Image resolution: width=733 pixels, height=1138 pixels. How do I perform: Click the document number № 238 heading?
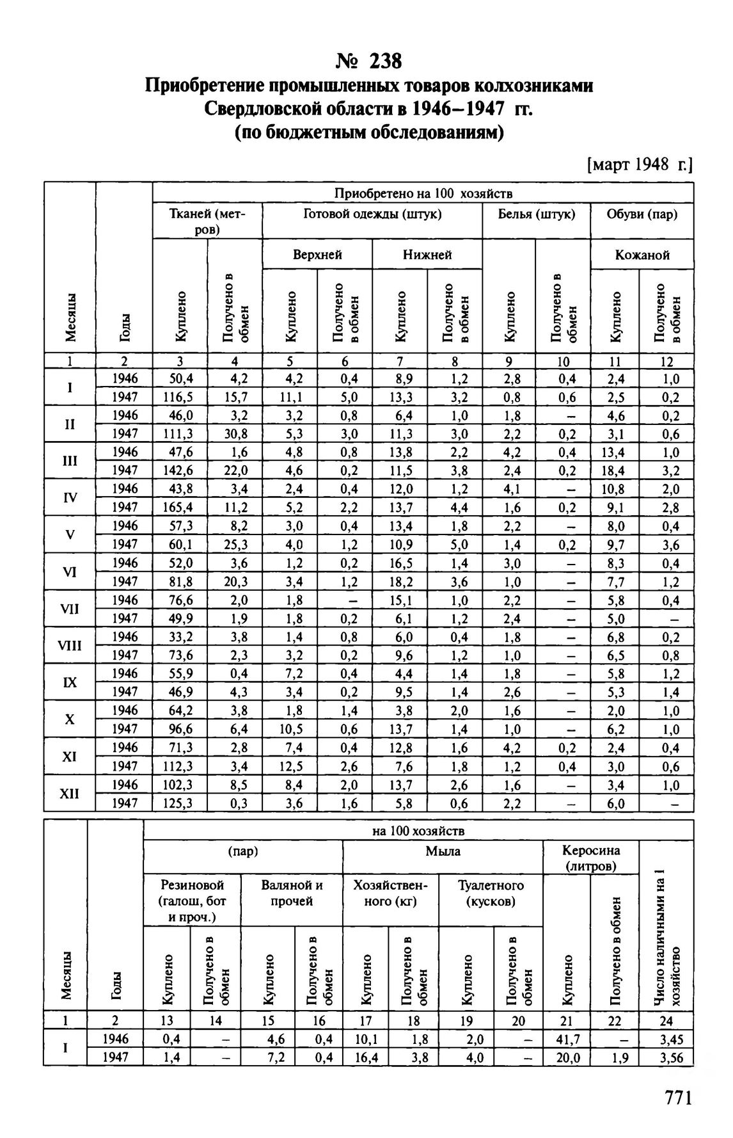(x=369, y=61)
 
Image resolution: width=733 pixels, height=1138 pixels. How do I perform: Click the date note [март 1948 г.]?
(x=640, y=165)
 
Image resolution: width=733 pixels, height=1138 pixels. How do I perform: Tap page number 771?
(x=679, y=1098)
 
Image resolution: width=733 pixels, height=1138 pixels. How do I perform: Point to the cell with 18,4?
(x=615, y=470)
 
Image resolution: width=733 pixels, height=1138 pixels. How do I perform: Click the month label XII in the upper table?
(x=70, y=794)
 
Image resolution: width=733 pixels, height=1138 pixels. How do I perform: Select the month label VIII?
(x=70, y=646)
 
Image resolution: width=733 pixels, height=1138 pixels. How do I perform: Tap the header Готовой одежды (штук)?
(x=372, y=214)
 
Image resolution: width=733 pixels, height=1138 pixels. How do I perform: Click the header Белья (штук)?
(x=536, y=214)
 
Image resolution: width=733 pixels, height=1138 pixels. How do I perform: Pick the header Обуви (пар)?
(x=642, y=214)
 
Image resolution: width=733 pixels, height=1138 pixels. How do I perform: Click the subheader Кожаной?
(x=642, y=255)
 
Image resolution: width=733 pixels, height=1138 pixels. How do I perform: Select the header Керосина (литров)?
(x=590, y=858)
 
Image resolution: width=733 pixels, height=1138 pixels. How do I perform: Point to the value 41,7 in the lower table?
(x=567, y=1039)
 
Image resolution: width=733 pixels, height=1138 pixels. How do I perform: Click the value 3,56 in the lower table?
(x=666, y=1057)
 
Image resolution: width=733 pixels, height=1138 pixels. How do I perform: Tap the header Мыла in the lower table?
(x=443, y=851)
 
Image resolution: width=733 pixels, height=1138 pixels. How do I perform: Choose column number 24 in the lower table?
(x=666, y=1021)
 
